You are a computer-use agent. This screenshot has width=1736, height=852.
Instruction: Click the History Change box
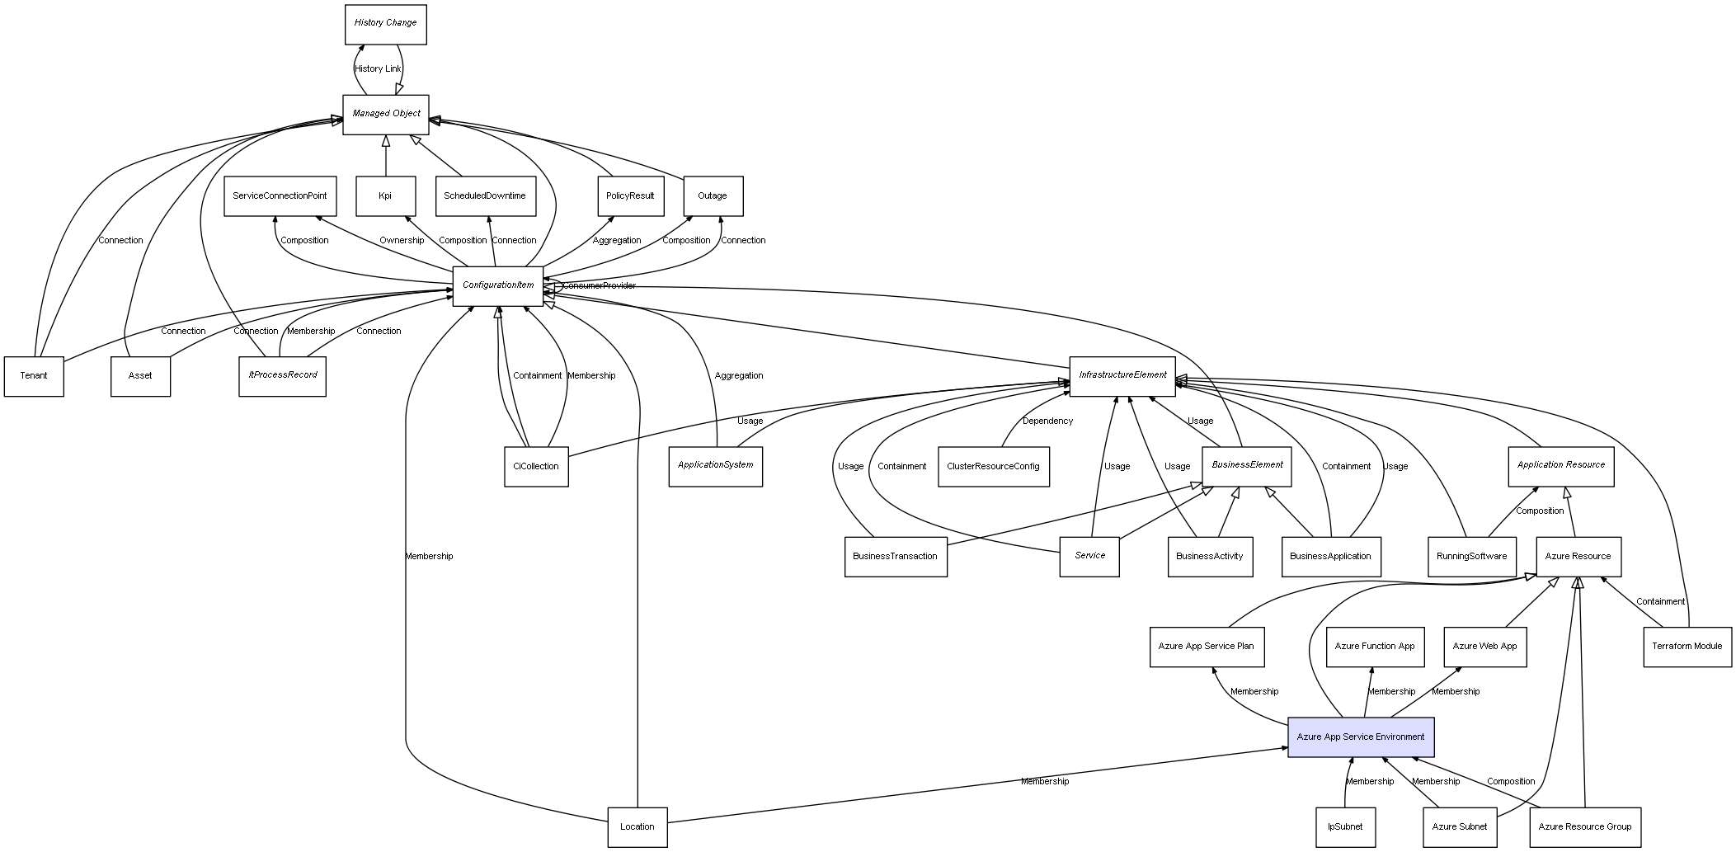[385, 24]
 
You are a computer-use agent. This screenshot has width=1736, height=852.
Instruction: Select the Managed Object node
[386, 114]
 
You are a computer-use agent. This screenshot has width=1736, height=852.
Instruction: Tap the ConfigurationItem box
[498, 285]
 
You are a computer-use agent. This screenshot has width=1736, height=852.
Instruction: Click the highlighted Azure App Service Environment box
[1361, 737]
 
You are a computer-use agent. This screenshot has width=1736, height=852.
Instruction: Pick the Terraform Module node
[1687, 647]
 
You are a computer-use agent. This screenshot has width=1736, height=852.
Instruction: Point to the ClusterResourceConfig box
[993, 467]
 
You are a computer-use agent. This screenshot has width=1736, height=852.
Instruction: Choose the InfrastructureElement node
[1122, 375]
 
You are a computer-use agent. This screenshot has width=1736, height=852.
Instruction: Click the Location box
[637, 826]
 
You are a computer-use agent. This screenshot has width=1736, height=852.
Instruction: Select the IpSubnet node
[1345, 826]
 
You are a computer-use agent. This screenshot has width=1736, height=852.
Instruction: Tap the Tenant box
[34, 376]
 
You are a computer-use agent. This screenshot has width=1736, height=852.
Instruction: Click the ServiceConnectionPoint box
[280, 196]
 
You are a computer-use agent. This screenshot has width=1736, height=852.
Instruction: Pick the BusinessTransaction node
[895, 557]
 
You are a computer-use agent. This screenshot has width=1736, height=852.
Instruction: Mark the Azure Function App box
[1374, 647]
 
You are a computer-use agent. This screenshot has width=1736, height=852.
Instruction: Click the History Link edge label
[378, 69]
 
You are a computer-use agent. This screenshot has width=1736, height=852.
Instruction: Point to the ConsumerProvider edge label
[600, 286]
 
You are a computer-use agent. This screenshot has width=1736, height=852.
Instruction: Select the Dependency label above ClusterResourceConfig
[1047, 421]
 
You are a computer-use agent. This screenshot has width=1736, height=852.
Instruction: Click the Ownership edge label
[402, 241]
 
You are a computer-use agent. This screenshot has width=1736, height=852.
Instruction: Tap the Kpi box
[385, 196]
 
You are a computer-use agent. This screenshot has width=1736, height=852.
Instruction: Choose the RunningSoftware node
[1471, 557]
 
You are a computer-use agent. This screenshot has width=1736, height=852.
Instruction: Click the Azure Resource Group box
[1584, 826]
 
